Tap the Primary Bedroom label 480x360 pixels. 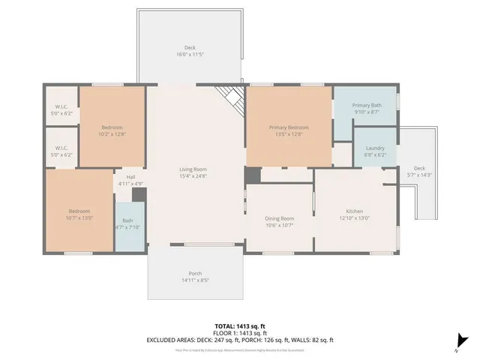(x=289, y=127)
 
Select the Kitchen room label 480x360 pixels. (x=354, y=211)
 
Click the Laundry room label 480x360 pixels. (x=374, y=148)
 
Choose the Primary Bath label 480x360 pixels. (x=366, y=105)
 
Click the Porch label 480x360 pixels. (x=195, y=273)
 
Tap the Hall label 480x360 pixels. (x=130, y=177)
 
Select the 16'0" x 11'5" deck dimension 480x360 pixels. (x=190, y=55)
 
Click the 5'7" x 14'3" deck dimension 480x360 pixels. (x=419, y=174)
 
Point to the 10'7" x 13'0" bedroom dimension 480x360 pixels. (x=79, y=217)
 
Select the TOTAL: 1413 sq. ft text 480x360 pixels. (x=240, y=325)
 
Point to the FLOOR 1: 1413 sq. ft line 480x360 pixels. (x=240, y=333)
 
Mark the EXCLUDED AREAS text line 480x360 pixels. (x=240, y=340)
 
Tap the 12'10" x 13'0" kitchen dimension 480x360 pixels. (x=354, y=218)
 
